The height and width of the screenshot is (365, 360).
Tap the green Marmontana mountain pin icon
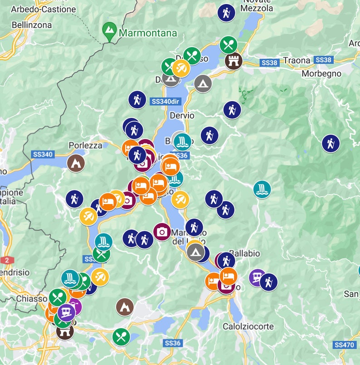109,30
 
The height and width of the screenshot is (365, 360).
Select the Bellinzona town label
32,25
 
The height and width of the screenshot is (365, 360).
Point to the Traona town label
297,60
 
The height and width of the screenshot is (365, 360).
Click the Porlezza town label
86,145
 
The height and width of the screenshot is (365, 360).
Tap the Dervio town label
182,116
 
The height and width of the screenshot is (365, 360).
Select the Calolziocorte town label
248,326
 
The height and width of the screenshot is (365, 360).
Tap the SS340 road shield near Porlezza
43,154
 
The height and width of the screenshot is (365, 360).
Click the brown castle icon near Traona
234,60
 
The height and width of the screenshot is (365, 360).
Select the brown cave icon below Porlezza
76,163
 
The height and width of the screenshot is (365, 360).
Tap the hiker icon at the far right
331,143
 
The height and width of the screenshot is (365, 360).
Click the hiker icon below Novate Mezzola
226,13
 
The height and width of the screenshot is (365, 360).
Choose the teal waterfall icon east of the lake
262,189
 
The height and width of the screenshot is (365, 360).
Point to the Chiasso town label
32,299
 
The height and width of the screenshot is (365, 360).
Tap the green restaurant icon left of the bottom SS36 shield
121,337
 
